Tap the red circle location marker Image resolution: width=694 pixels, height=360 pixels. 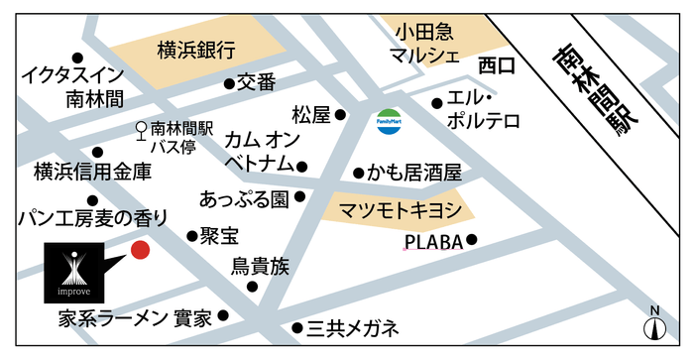coord(141,250)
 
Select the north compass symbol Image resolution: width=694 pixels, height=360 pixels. coord(653,324)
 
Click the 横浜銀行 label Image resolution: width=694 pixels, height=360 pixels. coord(195,50)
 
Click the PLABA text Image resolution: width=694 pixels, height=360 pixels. coord(433,241)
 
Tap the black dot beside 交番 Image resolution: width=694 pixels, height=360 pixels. coord(228,84)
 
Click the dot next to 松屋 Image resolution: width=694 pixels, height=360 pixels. coord(340,115)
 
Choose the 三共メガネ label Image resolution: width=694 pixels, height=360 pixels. coord(352,327)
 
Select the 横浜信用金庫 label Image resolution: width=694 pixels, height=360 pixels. coord(92,172)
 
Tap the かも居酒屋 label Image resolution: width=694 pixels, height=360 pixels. coord(414,173)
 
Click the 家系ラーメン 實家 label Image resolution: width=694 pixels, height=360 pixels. coord(135,318)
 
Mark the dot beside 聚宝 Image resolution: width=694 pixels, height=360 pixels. coord(192,236)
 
